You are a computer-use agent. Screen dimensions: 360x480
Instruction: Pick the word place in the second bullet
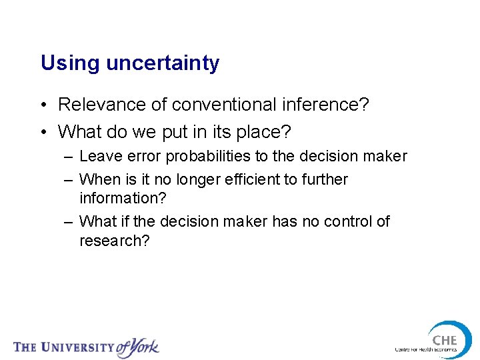pyautogui.click(x=263, y=132)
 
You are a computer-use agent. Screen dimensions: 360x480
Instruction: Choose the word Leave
pyautogui.click(x=99, y=157)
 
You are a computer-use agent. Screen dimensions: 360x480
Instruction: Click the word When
pyautogui.click(x=98, y=180)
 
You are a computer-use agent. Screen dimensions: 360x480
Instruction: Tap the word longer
pyautogui.click(x=187, y=180)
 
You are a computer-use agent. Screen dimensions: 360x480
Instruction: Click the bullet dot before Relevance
pyautogui.click(x=43, y=105)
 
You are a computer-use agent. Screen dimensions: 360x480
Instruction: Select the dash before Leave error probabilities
pyautogui.click(x=69, y=157)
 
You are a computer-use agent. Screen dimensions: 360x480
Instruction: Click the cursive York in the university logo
pyautogui.click(x=141, y=347)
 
